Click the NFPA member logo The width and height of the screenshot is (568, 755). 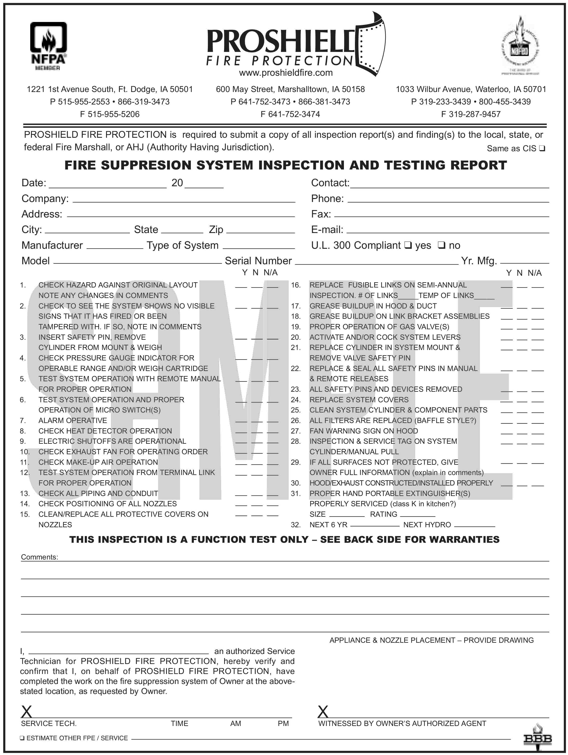point(48,46)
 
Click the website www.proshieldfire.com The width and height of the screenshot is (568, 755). point(286,73)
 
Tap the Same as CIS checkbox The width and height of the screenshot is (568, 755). point(542,148)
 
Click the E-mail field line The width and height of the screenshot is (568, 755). point(447,232)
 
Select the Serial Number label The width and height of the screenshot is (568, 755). point(258,261)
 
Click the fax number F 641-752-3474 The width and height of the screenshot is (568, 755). point(290,114)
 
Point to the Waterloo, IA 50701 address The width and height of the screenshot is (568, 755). point(471,89)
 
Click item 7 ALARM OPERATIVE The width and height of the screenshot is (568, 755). point(73,420)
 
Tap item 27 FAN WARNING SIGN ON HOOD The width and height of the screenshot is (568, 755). point(363,431)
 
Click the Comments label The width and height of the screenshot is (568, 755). point(39,557)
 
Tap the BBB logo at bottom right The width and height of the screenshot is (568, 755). point(537,739)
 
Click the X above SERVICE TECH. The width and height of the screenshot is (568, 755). point(27,712)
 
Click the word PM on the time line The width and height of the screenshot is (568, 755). point(283,723)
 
